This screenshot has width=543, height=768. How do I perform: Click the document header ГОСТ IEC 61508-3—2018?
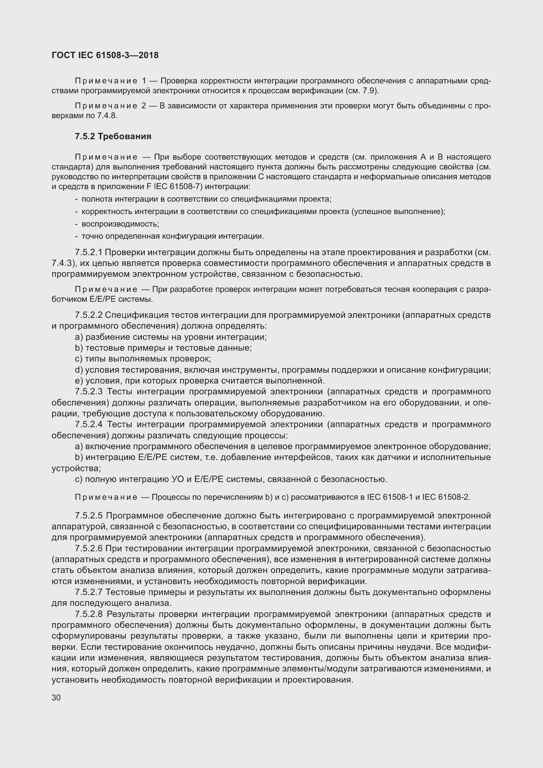[x=105, y=55]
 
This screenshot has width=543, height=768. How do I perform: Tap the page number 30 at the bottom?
[x=56, y=697]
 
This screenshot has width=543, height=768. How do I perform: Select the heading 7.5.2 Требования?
[x=113, y=137]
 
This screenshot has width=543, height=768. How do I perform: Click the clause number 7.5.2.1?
[x=89, y=252]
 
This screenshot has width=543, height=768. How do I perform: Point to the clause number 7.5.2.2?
[x=89, y=315]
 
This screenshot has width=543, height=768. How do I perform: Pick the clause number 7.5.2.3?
[x=89, y=392]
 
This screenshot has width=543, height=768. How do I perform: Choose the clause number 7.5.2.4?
[x=89, y=425]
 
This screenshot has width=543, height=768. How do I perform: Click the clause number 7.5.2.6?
[x=89, y=549]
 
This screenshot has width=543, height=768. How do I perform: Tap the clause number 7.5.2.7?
[x=89, y=592]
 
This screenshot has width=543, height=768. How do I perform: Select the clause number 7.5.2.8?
[x=89, y=614]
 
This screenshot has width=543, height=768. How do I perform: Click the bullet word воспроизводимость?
[x=120, y=224]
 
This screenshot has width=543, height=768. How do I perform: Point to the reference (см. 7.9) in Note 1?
[x=363, y=91]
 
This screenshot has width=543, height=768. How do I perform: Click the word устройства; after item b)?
[x=76, y=468]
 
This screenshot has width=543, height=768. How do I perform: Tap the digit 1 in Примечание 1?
[x=144, y=81]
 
